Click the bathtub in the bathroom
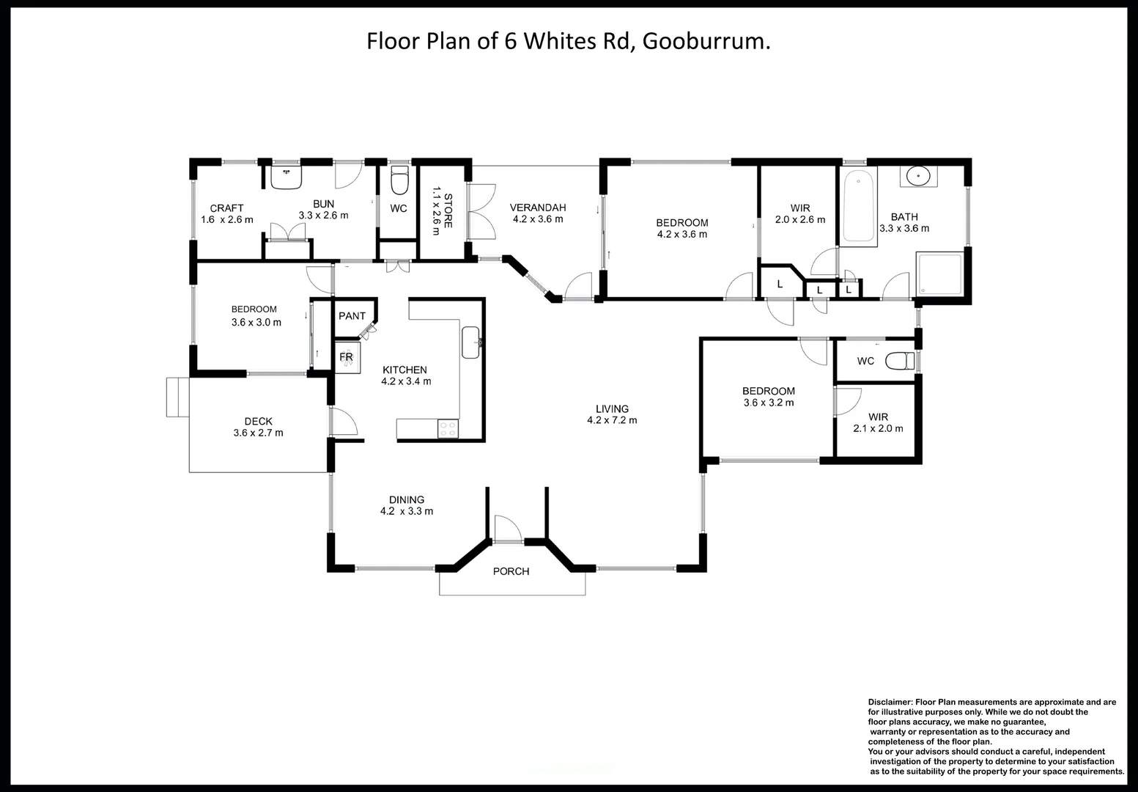858,206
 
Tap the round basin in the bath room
917,177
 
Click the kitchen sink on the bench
470,342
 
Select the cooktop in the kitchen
447,429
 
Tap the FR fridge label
346,357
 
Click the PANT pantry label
352,316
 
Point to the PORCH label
511,571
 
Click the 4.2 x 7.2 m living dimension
612,421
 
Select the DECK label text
258,421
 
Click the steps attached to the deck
177,397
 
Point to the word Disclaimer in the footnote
890,702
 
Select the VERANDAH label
538,208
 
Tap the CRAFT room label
226,208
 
